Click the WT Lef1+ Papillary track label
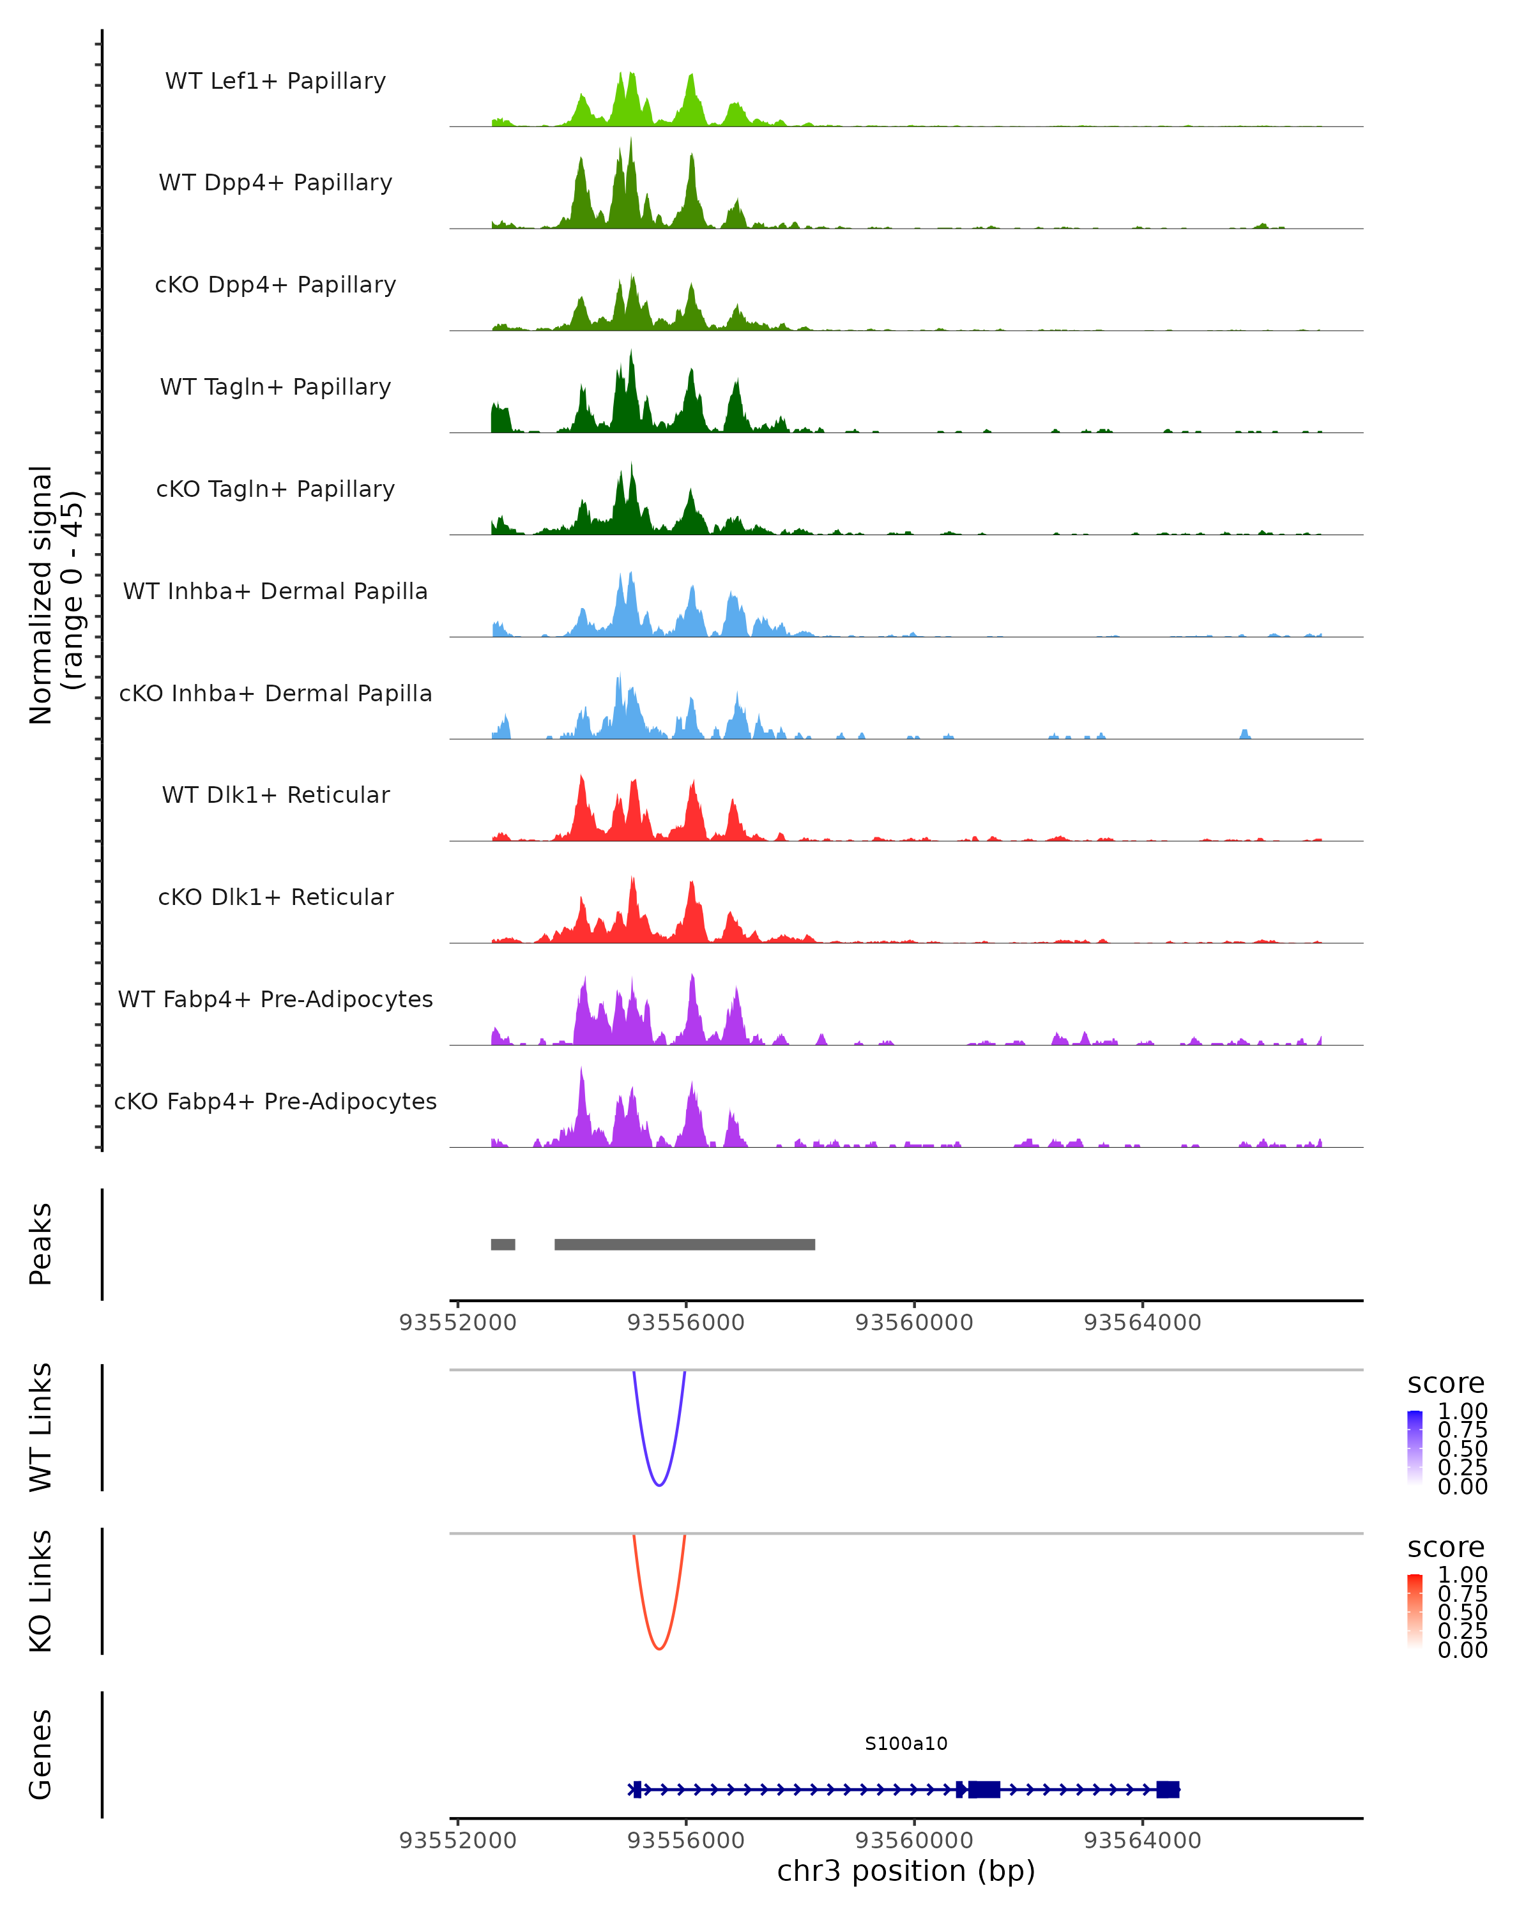275,81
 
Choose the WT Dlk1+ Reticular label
275,795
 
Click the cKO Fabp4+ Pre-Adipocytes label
275,1101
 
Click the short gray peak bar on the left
503,1244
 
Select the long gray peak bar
684,1244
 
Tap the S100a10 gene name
906,1744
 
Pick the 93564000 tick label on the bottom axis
1142,1841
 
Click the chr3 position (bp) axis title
906,1871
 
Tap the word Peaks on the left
41,1244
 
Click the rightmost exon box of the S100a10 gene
1168,1790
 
